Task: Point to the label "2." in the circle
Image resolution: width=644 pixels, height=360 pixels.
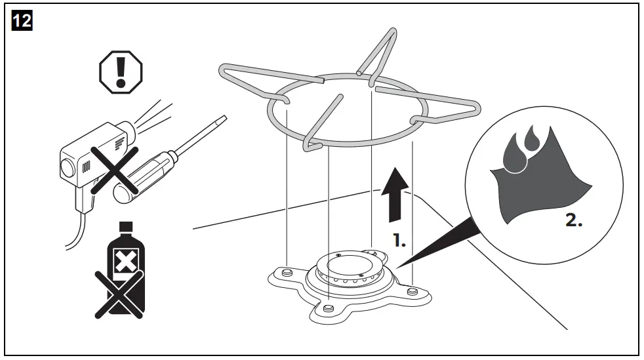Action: (x=573, y=220)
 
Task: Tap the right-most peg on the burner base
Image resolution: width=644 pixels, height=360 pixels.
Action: (x=411, y=290)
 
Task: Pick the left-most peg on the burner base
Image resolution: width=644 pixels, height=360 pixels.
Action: (x=285, y=270)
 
